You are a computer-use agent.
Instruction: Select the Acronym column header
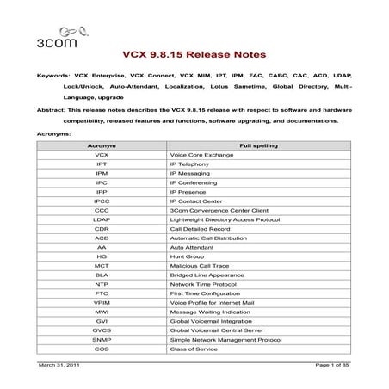pos(102,146)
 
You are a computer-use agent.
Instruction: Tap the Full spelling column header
pos(258,146)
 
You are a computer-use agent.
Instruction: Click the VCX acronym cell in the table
pos(102,155)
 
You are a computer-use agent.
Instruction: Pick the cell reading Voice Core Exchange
pos(203,155)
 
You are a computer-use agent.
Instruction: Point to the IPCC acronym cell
pos(102,201)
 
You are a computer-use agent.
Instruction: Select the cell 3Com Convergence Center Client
pos(219,210)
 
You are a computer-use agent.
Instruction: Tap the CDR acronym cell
pos(102,229)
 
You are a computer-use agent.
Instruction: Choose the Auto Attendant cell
pos(194,247)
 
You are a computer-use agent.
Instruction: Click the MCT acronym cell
pos(102,265)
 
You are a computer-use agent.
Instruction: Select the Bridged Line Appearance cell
pos(207,275)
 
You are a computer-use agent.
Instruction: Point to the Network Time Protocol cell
pos(205,284)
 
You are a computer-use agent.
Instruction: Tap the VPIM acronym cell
pos(102,302)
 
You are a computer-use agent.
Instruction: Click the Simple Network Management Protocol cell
pos(226,339)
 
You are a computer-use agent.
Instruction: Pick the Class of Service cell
pos(194,349)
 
